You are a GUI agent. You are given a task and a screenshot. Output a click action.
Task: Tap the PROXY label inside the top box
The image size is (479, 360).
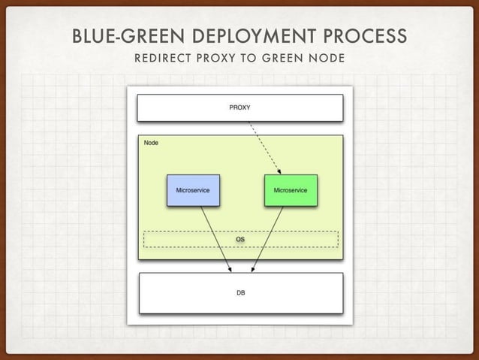[x=239, y=107]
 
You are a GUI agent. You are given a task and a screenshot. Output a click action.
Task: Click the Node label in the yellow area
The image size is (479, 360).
[x=151, y=142]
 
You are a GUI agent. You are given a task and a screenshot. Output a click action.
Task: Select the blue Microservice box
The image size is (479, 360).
[x=192, y=190]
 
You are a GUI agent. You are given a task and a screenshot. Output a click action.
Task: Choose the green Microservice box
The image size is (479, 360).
[x=291, y=190]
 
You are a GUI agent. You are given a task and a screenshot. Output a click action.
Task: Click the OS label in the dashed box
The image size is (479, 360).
[x=240, y=239]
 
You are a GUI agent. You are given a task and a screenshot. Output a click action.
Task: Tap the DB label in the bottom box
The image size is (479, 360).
[x=240, y=292]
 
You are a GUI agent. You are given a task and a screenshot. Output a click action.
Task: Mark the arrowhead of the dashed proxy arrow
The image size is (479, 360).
[x=280, y=172]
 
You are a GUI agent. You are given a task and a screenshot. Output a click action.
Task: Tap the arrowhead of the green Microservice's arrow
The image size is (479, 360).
[x=253, y=269]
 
